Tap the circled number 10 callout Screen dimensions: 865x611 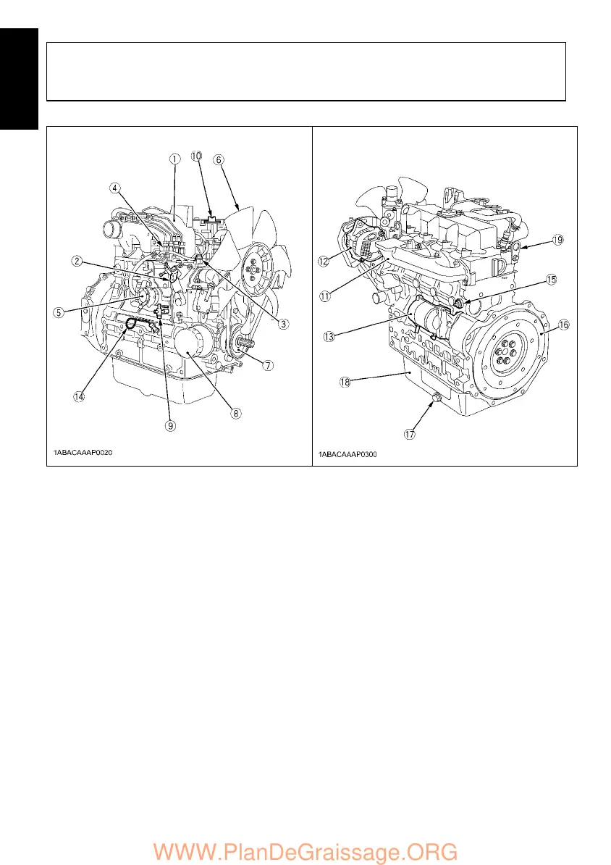pos(197,156)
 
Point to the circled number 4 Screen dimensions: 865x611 pos(115,188)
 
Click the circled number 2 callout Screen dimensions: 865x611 pos(76,261)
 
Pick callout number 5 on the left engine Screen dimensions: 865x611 pos(59,313)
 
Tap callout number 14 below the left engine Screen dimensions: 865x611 pos(78,396)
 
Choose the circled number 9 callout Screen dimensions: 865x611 pos(169,425)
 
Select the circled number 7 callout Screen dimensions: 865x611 pos(268,364)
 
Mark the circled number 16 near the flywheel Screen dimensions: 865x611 pos(563,325)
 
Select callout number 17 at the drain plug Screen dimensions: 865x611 pos(410,435)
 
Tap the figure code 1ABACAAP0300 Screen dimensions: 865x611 pos(350,454)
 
